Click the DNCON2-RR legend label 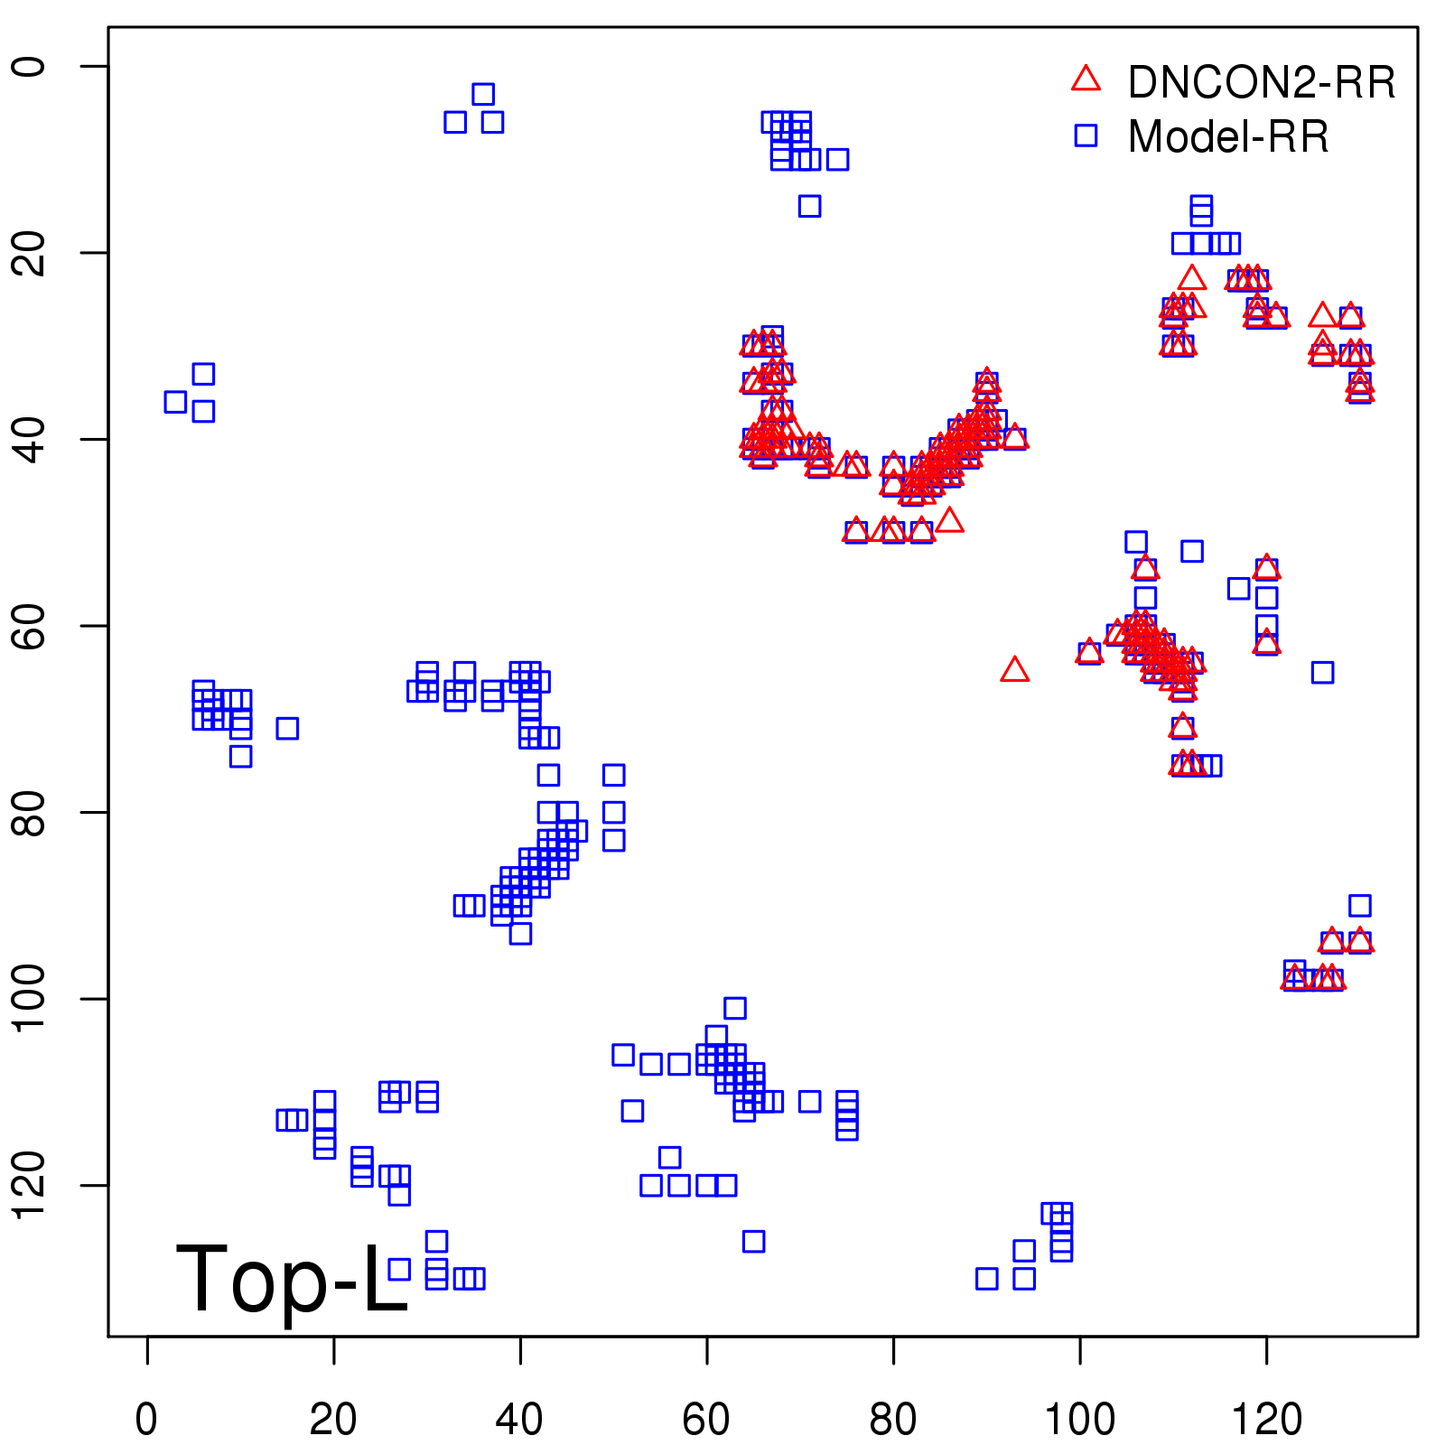(1261, 82)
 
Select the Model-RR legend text (1228, 137)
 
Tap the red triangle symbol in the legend (1086, 79)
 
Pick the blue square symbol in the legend (1086, 135)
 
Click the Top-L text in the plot (291, 1279)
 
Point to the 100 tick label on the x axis (1079, 1420)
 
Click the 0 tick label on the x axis (146, 1420)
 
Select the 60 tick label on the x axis (706, 1420)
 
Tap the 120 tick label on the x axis (1266, 1420)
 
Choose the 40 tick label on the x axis (519, 1420)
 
